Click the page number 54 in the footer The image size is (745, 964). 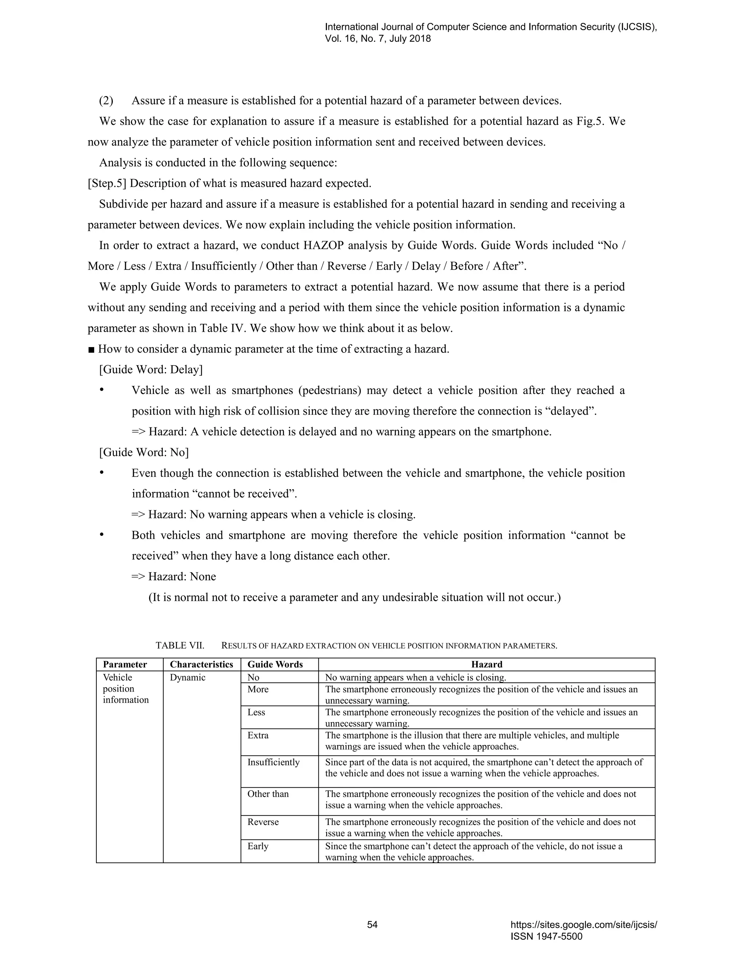click(372, 924)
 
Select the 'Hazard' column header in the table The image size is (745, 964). click(486, 664)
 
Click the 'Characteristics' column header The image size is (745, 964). click(201, 664)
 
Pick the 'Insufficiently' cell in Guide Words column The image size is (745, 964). click(273, 762)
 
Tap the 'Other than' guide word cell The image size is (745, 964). click(268, 794)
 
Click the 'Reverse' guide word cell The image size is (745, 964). click(263, 822)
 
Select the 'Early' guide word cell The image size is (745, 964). click(258, 846)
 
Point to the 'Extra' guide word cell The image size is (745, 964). click(258, 735)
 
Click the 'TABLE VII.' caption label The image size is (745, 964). click(180, 645)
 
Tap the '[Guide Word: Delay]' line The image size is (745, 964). click(151, 370)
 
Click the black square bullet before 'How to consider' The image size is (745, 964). click(91, 350)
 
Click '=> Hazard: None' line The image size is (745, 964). click(174, 577)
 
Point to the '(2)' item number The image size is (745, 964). click(106, 101)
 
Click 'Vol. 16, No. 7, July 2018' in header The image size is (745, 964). click(378, 39)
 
